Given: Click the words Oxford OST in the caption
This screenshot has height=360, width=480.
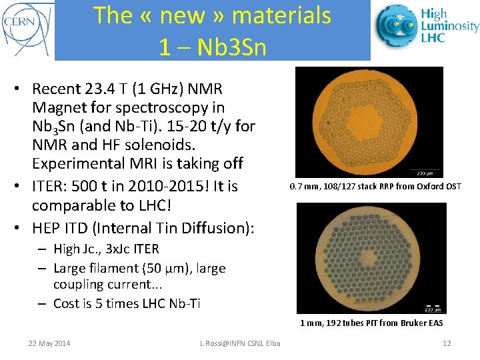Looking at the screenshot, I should tap(438, 186).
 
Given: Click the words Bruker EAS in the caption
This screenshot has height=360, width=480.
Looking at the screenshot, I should tap(421, 323).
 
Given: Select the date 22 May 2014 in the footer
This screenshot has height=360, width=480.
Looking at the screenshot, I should tap(49, 343).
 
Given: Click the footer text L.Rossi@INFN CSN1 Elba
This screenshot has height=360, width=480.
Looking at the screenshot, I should tap(240, 343).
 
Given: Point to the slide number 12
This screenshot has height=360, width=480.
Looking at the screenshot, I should tap(447, 343).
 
